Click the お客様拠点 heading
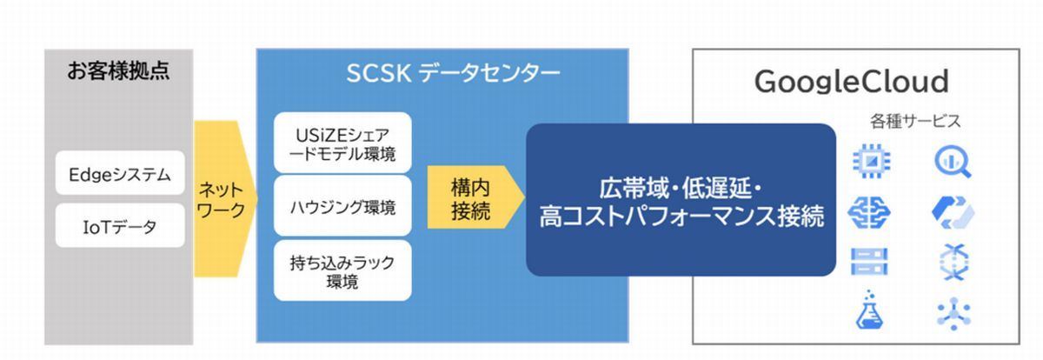pos(118,71)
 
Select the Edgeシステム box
pos(120,173)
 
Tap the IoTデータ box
pos(120,225)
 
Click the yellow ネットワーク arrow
pos(225,199)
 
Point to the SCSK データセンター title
pos(454,74)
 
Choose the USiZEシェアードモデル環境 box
pos(342,143)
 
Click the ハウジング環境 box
pos(342,206)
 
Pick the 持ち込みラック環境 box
pos(342,270)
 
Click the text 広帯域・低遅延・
pos(681,189)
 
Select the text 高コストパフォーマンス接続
pos(681,216)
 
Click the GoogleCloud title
pos(852,82)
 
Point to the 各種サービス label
pos(915,121)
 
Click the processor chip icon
pos(872,161)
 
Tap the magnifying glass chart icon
pos(953,161)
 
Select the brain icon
pos(869,212)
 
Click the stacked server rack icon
pos(869,261)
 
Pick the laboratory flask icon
pos(869,310)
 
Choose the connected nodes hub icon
pos(953,314)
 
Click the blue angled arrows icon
pos(953,213)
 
